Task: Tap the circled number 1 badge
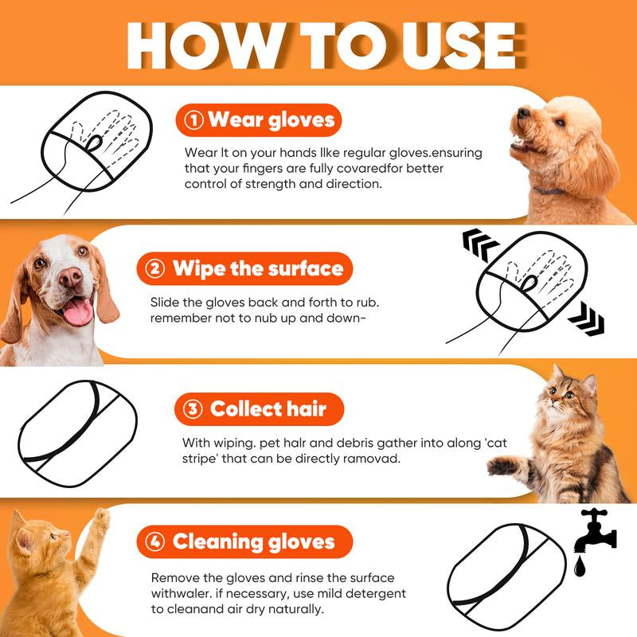pos(193,120)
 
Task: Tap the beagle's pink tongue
pos(78,312)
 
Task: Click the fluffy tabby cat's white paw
pos(502,466)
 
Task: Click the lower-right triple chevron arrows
pos(586,321)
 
